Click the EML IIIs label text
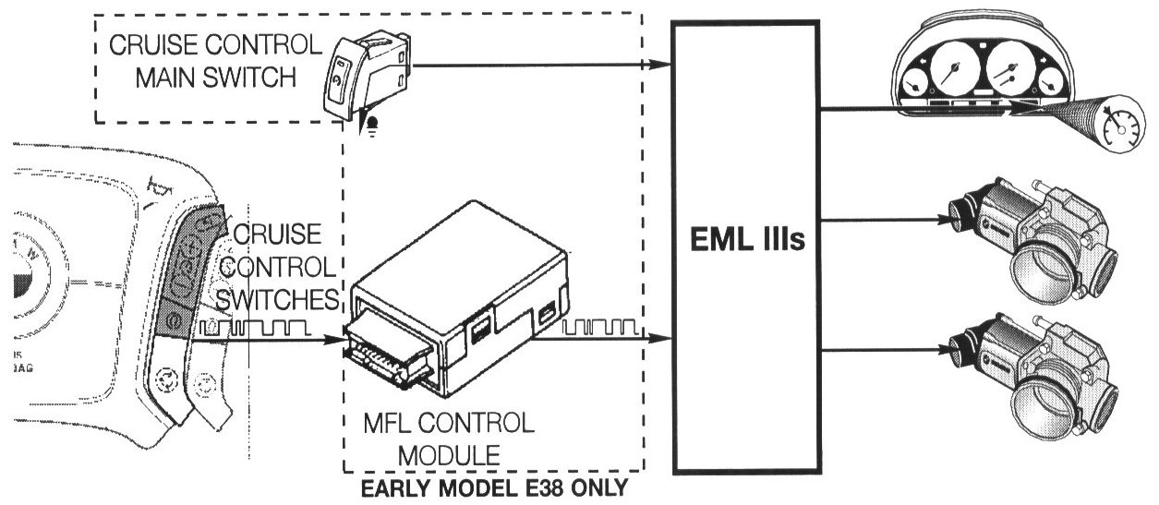pos(749,245)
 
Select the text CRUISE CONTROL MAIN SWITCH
pos(216,61)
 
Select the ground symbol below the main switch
pos(374,126)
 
